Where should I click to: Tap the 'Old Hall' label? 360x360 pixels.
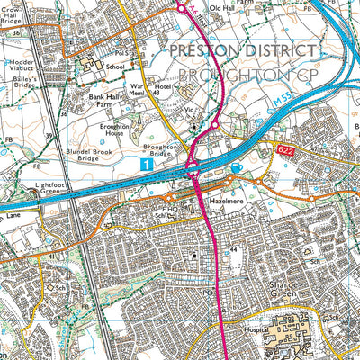(220, 8)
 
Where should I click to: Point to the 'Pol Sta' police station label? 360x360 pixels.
(122, 53)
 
